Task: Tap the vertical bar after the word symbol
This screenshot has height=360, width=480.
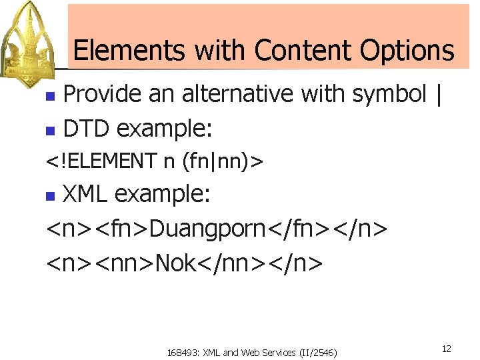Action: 437,95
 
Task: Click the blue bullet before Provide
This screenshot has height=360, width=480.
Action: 49,96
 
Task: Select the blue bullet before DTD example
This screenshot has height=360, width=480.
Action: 49,131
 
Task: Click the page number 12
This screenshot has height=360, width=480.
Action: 446,349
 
